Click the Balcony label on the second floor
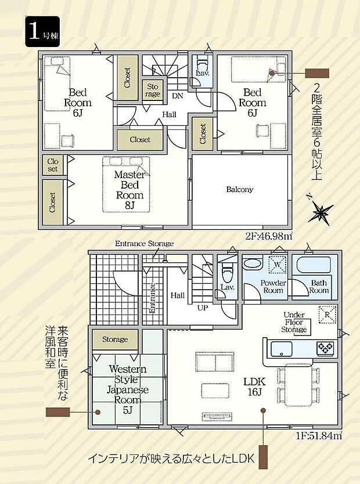239,189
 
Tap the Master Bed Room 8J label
129,189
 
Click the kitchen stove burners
324,348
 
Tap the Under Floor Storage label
294,323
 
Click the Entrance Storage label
144,243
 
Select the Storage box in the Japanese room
115,339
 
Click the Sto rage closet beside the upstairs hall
153,90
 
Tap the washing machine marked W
278,265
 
